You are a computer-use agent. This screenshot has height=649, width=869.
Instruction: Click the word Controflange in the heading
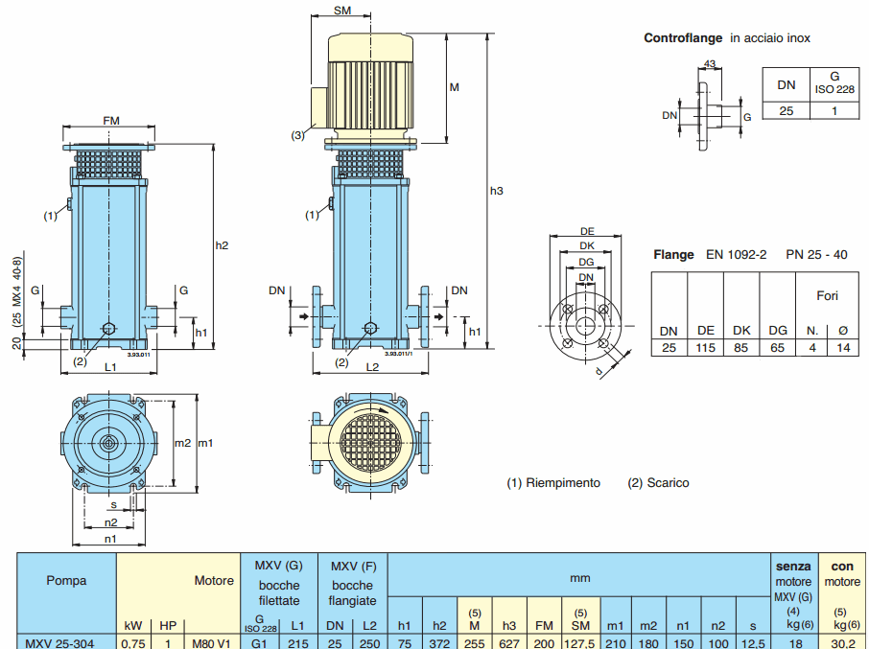pyautogui.click(x=683, y=38)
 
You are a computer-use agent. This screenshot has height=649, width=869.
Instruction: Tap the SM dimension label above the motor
pyautogui.click(x=342, y=11)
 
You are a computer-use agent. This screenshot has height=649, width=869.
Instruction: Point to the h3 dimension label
pyautogui.click(x=496, y=191)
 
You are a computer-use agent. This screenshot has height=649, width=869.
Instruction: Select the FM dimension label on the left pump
pyautogui.click(x=111, y=121)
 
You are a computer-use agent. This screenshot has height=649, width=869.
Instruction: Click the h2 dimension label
pyautogui.click(x=222, y=245)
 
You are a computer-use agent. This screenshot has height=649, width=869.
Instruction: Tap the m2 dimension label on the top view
pyautogui.click(x=182, y=443)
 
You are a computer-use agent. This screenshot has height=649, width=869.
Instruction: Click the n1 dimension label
pyautogui.click(x=111, y=539)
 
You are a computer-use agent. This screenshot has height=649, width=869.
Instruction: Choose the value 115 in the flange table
pyautogui.click(x=706, y=347)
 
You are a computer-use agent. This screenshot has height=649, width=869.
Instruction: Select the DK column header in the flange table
pyautogui.click(x=741, y=331)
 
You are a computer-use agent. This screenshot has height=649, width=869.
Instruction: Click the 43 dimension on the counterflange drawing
pyautogui.click(x=710, y=64)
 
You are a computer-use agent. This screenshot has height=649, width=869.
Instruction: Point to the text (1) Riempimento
pyautogui.click(x=553, y=483)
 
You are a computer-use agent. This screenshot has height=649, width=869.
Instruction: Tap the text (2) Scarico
pyautogui.click(x=658, y=483)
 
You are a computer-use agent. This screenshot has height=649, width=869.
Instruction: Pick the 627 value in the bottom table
pyautogui.click(x=509, y=642)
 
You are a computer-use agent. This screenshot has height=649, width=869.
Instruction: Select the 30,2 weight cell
pyautogui.click(x=843, y=642)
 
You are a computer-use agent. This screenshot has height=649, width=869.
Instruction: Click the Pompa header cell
pyautogui.click(x=66, y=580)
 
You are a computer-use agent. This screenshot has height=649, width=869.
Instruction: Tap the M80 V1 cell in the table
pyautogui.click(x=211, y=642)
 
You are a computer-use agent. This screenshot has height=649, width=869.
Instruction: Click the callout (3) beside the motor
pyautogui.click(x=298, y=135)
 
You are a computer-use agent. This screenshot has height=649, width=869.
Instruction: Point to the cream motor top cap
pyautogui.click(x=371, y=45)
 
